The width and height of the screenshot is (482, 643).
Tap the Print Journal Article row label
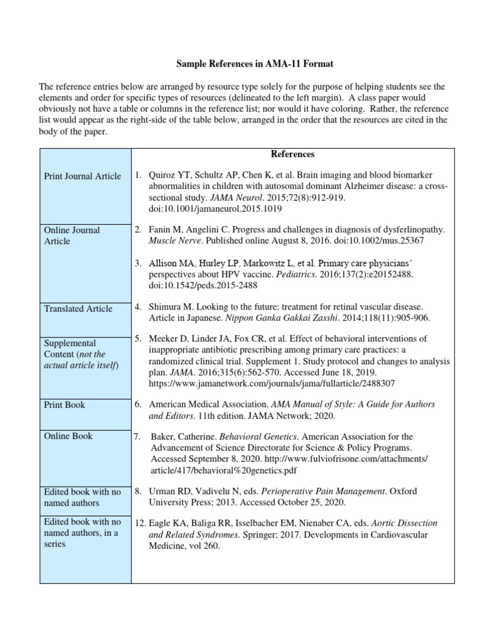click(82, 176)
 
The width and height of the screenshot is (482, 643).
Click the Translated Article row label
click(78, 308)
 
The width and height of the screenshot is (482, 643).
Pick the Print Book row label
click(65, 405)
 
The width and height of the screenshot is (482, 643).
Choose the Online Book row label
click(68, 436)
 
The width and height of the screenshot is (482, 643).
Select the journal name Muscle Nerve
click(176, 240)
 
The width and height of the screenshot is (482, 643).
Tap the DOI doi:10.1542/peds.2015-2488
click(203, 285)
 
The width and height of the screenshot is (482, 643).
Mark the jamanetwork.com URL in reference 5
click(272, 382)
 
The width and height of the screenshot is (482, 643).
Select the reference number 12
click(141, 523)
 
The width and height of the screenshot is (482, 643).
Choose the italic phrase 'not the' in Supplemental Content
click(109, 355)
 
